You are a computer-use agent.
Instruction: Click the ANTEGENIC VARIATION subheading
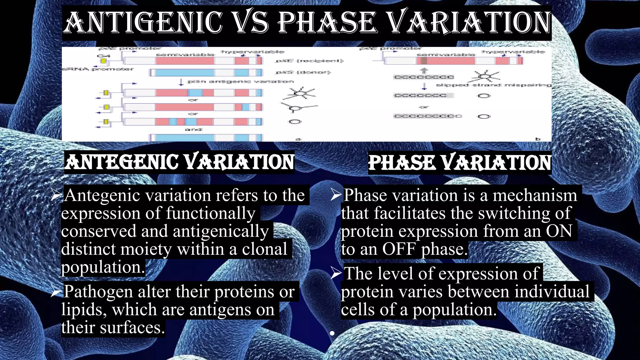(179, 162)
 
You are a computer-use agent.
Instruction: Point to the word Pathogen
(98, 292)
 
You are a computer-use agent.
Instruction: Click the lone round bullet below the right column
(332, 333)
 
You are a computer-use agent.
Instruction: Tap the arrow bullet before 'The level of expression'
(336, 273)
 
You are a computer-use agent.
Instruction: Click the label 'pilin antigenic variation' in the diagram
(240, 82)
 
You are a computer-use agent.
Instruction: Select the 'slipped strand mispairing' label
(493, 85)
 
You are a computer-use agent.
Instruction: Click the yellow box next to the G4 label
(103, 61)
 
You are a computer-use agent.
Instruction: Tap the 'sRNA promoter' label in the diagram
(97, 69)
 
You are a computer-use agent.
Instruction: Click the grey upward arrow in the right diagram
(424, 71)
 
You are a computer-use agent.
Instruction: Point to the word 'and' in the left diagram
(193, 129)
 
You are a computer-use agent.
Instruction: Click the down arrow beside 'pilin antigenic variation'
(181, 82)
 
